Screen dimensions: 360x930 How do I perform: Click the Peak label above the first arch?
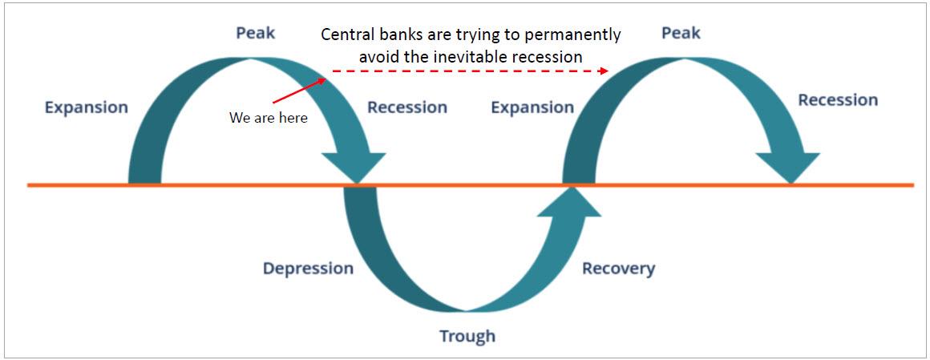click(x=256, y=33)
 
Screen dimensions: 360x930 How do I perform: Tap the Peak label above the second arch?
click(x=681, y=33)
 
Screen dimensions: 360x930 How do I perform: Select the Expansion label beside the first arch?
click(x=86, y=107)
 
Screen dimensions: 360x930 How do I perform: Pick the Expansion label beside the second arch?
click(x=532, y=107)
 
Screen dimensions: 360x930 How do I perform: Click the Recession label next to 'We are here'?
click(x=407, y=107)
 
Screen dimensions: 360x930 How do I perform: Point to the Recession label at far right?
click(x=838, y=100)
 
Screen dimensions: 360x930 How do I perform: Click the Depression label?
click(x=308, y=269)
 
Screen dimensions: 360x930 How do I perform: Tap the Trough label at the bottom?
click(x=467, y=336)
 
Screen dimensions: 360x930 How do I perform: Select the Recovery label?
click(x=618, y=269)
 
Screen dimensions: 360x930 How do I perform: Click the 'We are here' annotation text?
click(x=269, y=118)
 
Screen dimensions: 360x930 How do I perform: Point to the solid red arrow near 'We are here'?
click(x=299, y=91)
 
